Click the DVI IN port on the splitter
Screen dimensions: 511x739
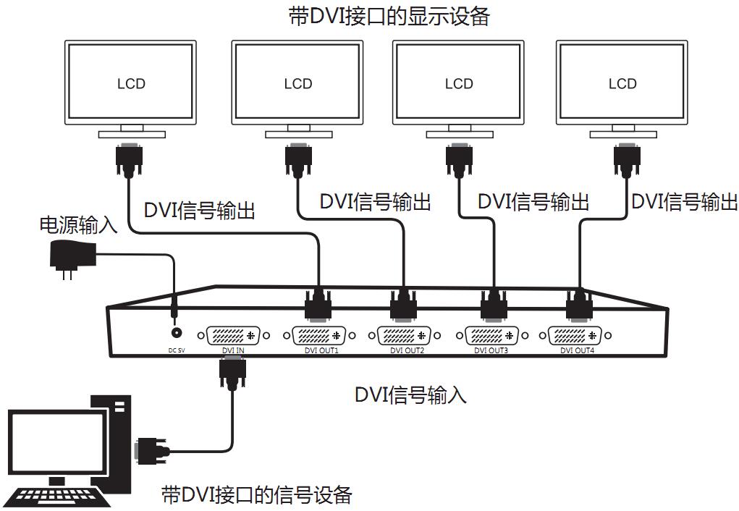click(234, 337)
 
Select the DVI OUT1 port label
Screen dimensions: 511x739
click(319, 351)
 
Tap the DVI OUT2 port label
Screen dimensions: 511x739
click(406, 351)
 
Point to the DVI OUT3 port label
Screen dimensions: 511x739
click(491, 351)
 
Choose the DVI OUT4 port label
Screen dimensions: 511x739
click(577, 351)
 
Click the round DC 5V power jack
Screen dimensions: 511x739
click(175, 333)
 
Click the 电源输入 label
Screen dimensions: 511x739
click(78, 224)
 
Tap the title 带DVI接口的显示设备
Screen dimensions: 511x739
click(389, 16)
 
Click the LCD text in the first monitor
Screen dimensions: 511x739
click(131, 84)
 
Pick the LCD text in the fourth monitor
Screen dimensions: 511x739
click(622, 84)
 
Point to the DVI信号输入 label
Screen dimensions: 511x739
click(410, 394)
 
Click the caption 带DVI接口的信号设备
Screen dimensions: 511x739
click(257, 495)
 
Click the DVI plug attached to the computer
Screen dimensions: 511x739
click(151, 451)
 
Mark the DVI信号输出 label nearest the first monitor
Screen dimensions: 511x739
click(200, 211)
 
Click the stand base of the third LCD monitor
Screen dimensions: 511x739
click(458, 134)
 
